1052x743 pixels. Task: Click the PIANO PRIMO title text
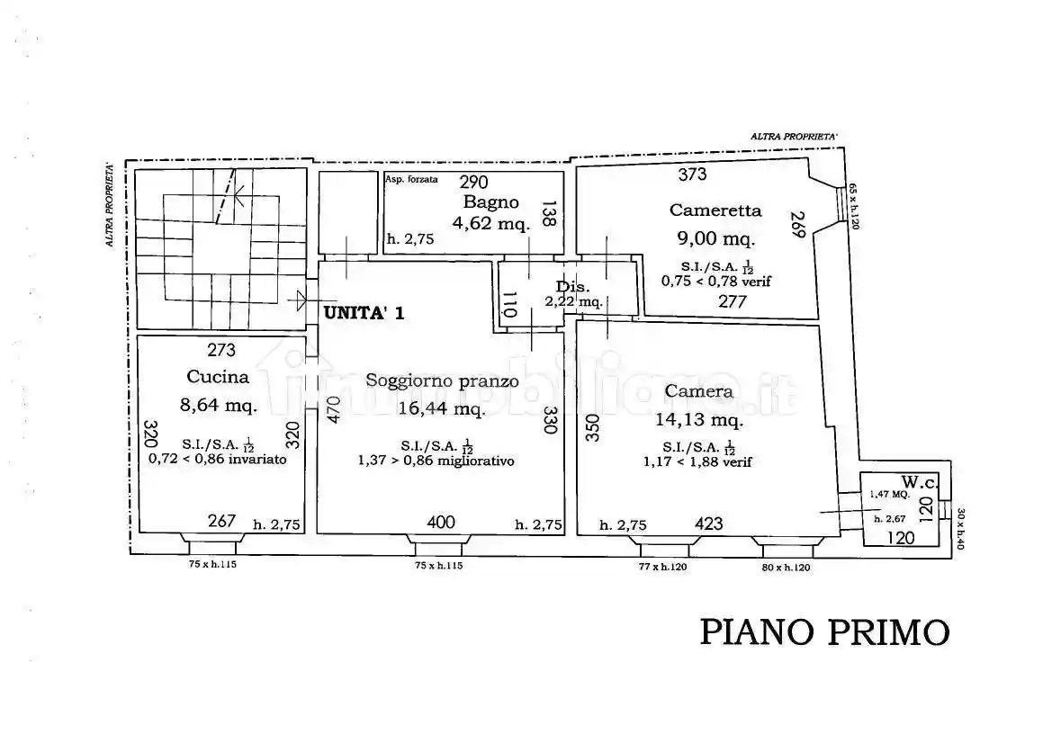coord(824,631)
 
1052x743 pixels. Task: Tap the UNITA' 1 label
coord(364,313)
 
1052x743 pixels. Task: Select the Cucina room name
coord(218,377)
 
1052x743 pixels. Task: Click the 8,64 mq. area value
coord(219,405)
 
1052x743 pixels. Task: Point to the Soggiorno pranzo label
coord(442,380)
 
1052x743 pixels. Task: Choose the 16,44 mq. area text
coord(441,409)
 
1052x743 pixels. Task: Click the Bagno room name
coord(490,201)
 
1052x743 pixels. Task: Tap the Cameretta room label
coord(715,210)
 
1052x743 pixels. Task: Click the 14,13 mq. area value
coord(703,419)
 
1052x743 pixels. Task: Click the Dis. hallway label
coord(572,287)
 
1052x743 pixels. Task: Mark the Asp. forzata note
coord(411,179)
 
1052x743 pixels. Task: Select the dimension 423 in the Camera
coord(709,523)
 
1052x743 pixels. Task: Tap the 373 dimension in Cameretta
coord(692,175)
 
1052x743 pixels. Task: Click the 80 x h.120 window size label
coord(785,568)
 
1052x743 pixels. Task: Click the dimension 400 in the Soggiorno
coord(440,522)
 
